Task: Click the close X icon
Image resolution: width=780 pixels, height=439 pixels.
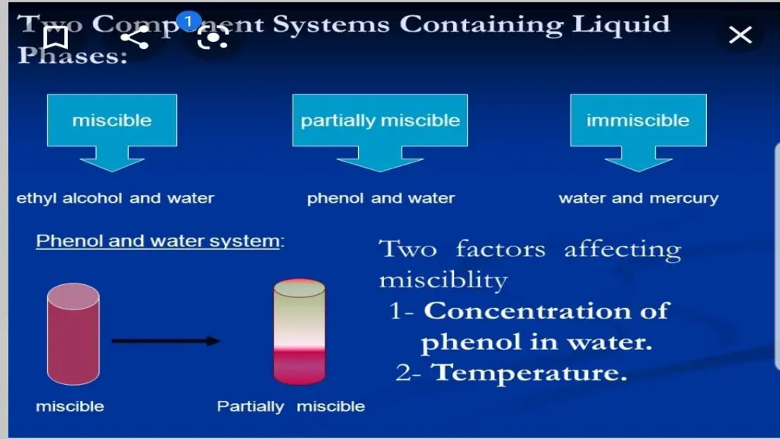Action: point(740,35)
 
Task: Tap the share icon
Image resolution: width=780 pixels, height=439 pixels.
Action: point(135,37)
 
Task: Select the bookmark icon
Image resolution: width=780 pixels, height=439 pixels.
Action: point(55,37)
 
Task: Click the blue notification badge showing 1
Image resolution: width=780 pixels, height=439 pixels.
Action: point(188,21)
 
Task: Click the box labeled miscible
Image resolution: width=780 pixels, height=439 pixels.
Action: point(112,120)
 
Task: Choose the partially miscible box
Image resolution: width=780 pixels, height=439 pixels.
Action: point(380,120)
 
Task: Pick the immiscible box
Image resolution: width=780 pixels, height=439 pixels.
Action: point(638,120)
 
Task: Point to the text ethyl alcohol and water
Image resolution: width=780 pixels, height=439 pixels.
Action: point(115,198)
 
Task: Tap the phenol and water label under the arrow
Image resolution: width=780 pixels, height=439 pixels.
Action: point(380,199)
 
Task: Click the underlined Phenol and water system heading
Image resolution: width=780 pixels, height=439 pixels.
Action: point(158,242)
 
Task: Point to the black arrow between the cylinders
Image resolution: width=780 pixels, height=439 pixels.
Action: point(165,341)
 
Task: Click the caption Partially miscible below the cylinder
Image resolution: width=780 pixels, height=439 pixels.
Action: point(290,406)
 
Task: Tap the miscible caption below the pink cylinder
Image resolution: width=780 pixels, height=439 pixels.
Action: point(70,406)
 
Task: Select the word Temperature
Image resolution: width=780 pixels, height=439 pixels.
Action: point(529,373)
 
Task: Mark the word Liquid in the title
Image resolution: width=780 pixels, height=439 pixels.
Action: point(622,24)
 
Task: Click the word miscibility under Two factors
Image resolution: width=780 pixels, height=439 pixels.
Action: point(443,280)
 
